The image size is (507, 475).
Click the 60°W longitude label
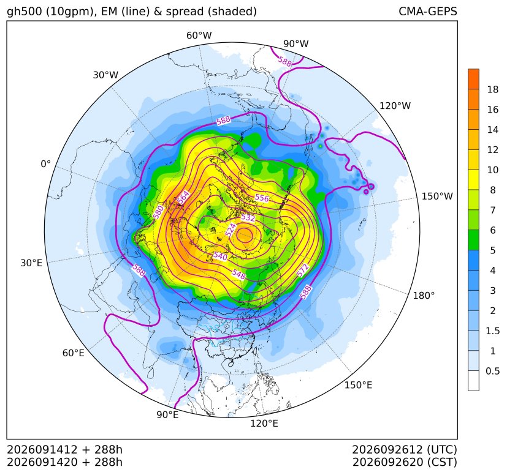(x=199, y=36)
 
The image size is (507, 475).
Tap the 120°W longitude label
(x=395, y=106)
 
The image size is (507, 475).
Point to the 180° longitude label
(x=424, y=296)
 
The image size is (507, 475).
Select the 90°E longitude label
(x=167, y=415)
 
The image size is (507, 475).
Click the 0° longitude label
(x=45, y=164)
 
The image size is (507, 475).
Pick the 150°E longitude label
(x=358, y=385)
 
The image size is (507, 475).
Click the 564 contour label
(x=183, y=197)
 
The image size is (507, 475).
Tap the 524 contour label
(x=231, y=230)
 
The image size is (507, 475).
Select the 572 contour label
(x=303, y=271)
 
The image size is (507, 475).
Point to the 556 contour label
(x=262, y=198)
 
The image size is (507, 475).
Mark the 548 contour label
(x=238, y=274)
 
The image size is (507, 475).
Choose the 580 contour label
(x=158, y=212)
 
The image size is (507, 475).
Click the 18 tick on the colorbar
(x=493, y=90)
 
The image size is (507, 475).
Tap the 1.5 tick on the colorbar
(x=492, y=331)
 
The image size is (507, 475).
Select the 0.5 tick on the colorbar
(x=492, y=372)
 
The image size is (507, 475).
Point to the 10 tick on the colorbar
(x=493, y=170)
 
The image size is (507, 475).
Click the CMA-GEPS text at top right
(x=428, y=11)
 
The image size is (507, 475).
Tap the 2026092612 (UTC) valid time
(x=405, y=449)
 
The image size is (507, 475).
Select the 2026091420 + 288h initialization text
(x=64, y=462)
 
